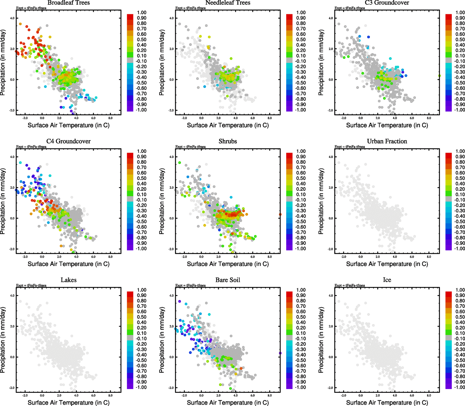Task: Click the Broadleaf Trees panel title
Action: click(x=68, y=3)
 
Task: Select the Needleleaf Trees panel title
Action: click(x=228, y=3)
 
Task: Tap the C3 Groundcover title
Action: click(x=387, y=3)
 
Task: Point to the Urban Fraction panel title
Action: click(x=387, y=141)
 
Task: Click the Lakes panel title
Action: click(x=68, y=280)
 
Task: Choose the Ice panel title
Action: click(x=387, y=280)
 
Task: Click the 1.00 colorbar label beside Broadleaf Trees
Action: click(x=142, y=13)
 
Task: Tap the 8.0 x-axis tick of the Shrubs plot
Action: click(x=270, y=257)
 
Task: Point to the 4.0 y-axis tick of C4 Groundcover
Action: click(x=12, y=157)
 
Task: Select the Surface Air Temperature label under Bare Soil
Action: click(x=228, y=403)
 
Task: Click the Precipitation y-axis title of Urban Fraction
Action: click(x=321, y=202)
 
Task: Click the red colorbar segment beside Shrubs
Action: click(x=289, y=155)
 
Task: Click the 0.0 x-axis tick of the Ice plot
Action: click(x=361, y=396)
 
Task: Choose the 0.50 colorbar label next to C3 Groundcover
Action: click(x=460, y=40)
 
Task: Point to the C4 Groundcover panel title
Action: click(x=68, y=141)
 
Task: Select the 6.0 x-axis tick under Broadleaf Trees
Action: click(x=93, y=118)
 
